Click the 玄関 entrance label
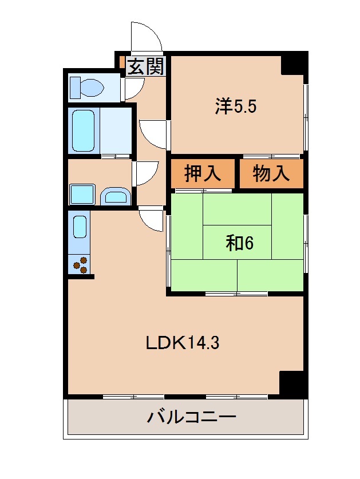(x=145, y=66)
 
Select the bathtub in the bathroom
(x=84, y=130)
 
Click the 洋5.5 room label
(x=235, y=106)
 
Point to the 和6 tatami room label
(x=239, y=243)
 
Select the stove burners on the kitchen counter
(x=81, y=264)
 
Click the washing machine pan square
(x=82, y=195)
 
